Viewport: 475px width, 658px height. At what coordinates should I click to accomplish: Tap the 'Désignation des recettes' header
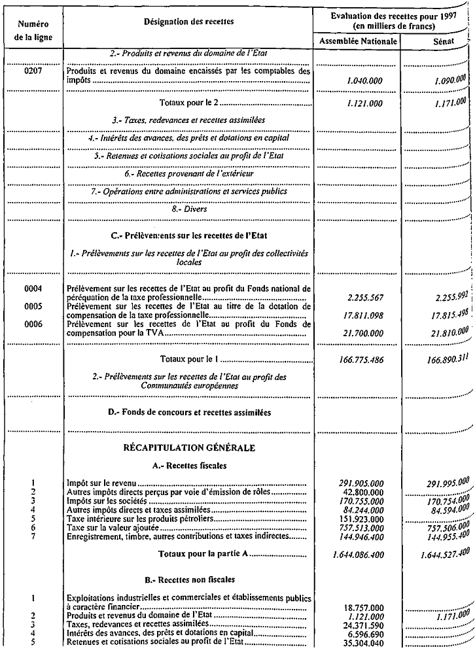point(189,22)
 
